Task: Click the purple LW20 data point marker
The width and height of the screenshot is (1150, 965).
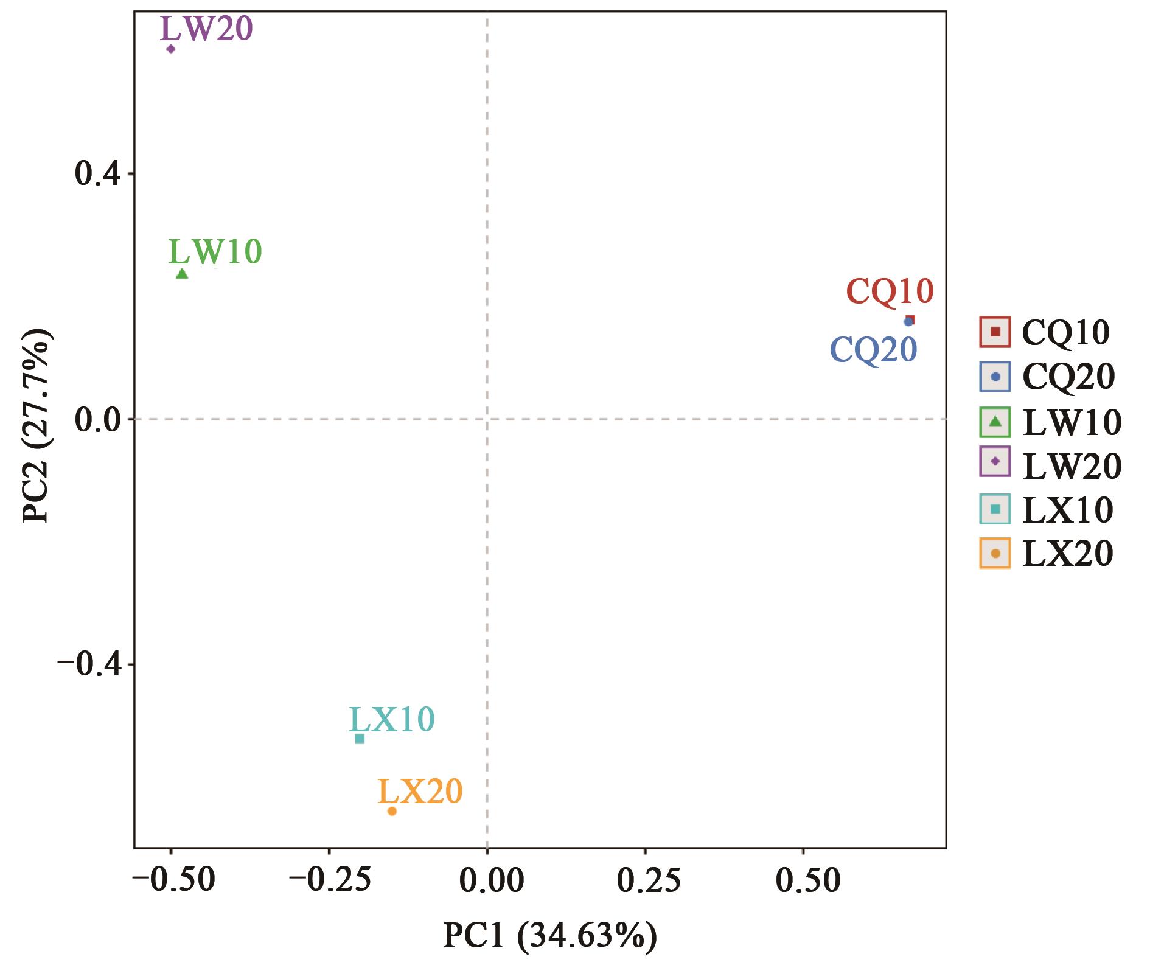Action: [x=171, y=49]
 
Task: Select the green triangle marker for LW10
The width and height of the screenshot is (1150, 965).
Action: [x=182, y=274]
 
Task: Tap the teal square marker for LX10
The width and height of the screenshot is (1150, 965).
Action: [x=360, y=739]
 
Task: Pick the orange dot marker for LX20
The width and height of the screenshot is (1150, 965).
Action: [x=392, y=811]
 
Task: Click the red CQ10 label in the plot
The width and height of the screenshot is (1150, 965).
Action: [x=890, y=291]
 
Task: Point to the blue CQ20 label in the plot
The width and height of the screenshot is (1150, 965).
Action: [x=873, y=350]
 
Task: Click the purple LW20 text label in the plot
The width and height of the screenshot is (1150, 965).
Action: [x=206, y=29]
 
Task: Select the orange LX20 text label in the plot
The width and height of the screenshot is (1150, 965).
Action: [x=420, y=792]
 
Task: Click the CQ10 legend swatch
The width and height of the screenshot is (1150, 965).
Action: [x=995, y=332]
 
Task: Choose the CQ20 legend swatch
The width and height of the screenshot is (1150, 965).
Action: [x=995, y=377]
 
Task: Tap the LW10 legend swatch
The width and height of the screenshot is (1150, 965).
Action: [x=995, y=422]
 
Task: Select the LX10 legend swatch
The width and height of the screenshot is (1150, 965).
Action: [x=995, y=509]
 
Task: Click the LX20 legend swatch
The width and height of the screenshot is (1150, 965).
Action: [x=995, y=553]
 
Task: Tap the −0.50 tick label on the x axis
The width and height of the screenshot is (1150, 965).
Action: [x=174, y=881]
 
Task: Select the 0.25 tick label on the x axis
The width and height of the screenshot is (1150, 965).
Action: [x=649, y=881]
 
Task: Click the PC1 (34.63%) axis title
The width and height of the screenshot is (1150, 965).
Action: [x=549, y=936]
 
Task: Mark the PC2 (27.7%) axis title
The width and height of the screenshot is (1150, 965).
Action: [x=37, y=426]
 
